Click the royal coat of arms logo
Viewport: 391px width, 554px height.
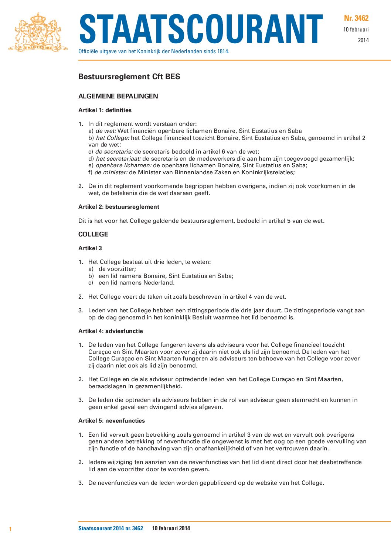38,32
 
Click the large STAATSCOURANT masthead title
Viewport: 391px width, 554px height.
201,30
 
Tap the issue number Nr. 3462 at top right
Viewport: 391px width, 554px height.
356,18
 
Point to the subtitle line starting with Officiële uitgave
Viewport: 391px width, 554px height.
154,51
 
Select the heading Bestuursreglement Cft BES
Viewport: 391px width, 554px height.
129,77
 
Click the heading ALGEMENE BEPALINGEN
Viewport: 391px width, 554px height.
118,96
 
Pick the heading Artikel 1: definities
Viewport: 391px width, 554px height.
105,110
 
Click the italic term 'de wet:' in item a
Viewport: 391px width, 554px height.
106,131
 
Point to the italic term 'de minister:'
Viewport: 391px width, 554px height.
111,172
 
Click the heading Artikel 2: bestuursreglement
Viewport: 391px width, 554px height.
119,207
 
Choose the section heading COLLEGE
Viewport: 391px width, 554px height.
93,234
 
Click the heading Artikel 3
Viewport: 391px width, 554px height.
90,248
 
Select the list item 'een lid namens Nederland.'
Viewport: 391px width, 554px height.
136,283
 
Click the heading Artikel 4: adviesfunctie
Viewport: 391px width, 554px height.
110,331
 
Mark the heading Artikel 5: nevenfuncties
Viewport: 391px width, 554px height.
112,421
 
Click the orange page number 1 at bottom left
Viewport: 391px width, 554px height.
10,529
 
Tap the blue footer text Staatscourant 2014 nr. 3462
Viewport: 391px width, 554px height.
110,528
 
